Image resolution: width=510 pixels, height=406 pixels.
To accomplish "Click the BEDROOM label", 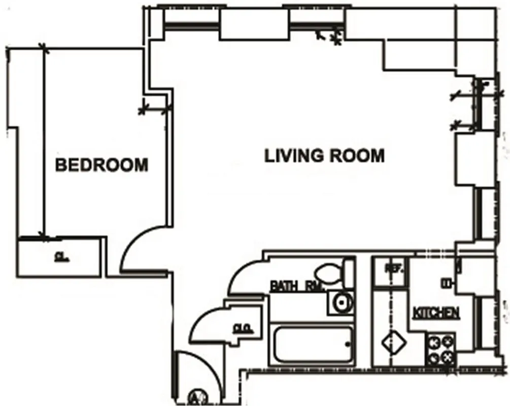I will [101, 165].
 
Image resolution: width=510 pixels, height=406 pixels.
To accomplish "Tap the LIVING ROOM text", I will [324, 155].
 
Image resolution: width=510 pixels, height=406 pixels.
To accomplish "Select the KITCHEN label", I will [436, 313].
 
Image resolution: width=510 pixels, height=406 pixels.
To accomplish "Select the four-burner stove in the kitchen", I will [439, 349].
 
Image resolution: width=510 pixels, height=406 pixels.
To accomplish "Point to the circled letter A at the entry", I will [195, 396].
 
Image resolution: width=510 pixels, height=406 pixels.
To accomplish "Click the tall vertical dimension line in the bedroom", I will [43, 142].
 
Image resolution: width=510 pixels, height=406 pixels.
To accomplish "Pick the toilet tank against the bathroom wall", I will [348, 273].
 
